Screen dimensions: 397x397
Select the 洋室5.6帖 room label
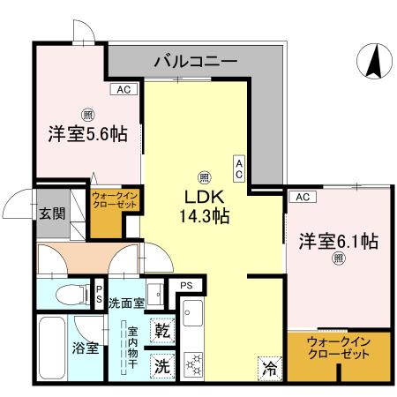86,134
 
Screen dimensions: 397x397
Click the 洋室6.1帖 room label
338,240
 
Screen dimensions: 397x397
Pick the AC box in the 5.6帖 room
123,89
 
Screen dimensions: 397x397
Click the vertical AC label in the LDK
238,167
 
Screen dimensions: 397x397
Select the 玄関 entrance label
51,213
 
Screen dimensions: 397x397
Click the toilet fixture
65,292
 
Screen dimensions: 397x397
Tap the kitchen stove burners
193,360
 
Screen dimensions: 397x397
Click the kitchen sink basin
194,312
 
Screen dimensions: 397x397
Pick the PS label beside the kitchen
185,285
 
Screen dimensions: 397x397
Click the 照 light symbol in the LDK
204,175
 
